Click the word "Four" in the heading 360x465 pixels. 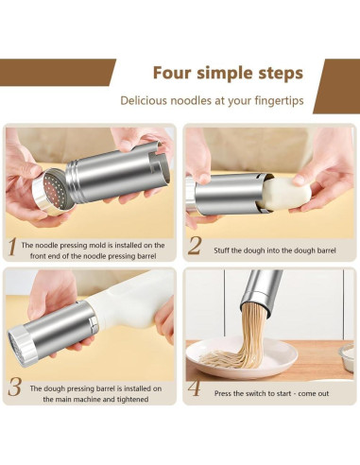[172, 73]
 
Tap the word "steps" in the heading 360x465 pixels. [281, 74]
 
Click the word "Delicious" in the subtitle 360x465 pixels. [144, 100]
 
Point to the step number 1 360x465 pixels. [12, 247]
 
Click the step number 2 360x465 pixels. [194, 246]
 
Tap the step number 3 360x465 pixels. [14, 387]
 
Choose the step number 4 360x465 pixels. [194, 388]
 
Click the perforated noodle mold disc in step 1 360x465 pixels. [54, 192]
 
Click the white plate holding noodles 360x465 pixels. [242, 353]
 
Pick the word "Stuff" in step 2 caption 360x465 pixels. [222, 250]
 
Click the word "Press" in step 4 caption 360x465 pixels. [222, 393]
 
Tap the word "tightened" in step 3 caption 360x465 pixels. [132, 400]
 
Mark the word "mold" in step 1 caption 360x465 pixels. [97, 245]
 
